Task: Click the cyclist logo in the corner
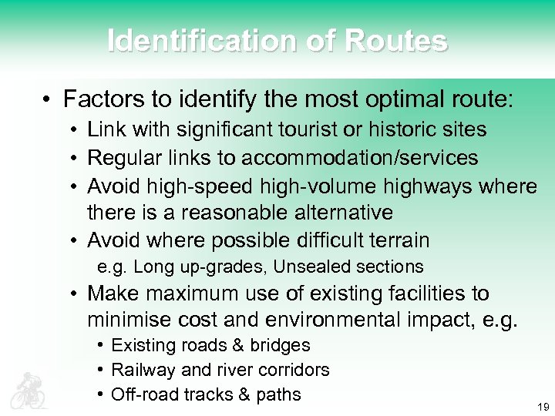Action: pos(28,390)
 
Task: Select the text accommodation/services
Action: pos(359,158)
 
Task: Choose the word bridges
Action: pos(281,345)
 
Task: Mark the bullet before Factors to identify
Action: pos(47,100)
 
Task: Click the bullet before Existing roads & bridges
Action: pos(101,346)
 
